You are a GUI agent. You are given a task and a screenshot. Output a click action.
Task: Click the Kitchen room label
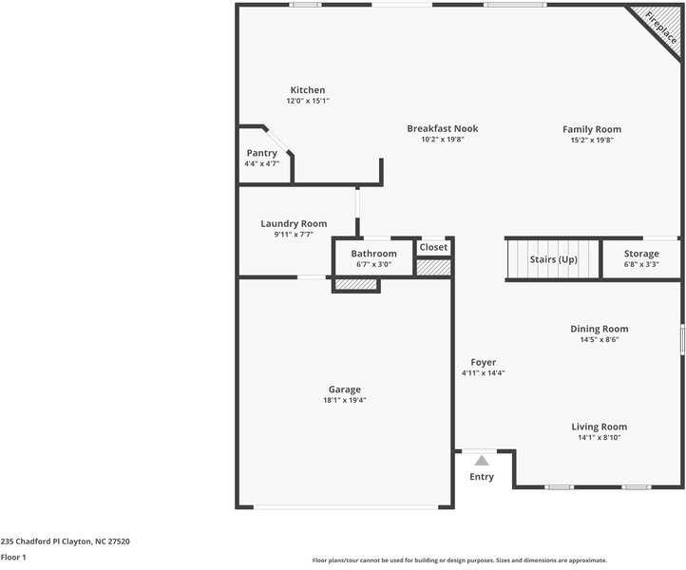tap(307, 90)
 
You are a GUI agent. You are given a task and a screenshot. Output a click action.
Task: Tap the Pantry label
tap(261, 153)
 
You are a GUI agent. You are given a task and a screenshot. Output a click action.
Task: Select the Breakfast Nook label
tap(442, 128)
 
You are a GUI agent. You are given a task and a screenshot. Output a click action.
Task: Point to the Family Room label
tap(591, 129)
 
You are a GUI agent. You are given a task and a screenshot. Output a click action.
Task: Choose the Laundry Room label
tap(294, 224)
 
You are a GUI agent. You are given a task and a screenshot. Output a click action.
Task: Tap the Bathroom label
tap(373, 254)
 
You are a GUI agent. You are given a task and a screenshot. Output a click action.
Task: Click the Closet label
tap(433, 247)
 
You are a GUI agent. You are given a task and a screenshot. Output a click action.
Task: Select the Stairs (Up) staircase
tap(553, 259)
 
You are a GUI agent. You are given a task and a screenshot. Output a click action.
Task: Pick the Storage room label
tap(641, 254)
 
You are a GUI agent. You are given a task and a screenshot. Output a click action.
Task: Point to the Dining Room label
tap(599, 329)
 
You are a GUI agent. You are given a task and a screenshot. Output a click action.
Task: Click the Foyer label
tap(483, 362)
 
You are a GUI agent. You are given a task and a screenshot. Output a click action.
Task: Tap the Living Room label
tap(599, 427)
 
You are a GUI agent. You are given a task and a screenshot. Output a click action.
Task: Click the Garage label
tap(344, 389)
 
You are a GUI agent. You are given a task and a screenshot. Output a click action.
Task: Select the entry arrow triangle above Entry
tap(482, 461)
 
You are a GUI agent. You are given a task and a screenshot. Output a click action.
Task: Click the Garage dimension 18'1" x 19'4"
tap(344, 401)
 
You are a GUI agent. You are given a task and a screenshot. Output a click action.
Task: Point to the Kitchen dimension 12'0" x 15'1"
tap(307, 101)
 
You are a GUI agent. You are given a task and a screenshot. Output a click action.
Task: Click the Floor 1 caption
tap(13, 558)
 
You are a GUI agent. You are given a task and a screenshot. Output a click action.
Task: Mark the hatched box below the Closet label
tap(433, 267)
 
